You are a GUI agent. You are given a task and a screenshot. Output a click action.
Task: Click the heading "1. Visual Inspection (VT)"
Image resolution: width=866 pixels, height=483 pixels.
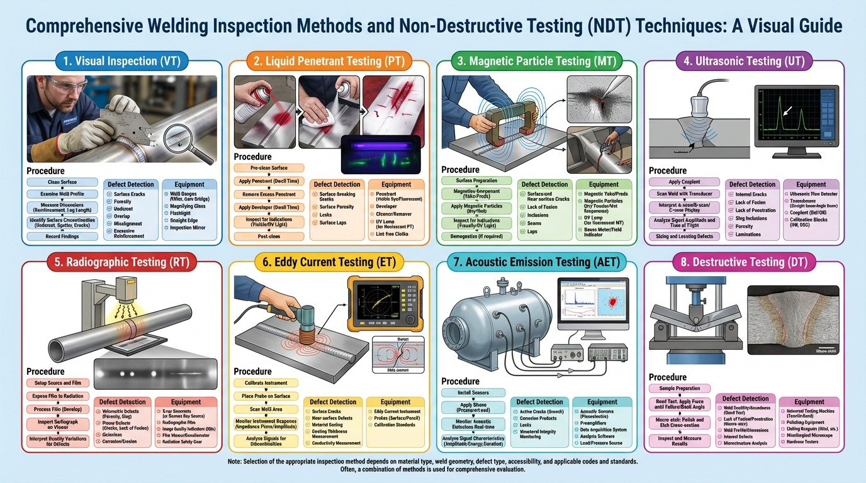click(x=121, y=61)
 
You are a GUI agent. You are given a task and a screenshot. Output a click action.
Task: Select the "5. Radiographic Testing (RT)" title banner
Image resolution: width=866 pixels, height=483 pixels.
click(x=121, y=261)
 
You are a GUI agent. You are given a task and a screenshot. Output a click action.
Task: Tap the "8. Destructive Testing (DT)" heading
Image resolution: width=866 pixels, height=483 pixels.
click(x=743, y=261)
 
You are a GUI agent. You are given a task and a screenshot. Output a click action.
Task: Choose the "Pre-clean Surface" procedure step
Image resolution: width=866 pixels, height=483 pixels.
click(x=268, y=168)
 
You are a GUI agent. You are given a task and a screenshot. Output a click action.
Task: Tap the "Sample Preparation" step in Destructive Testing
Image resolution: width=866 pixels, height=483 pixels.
click(x=679, y=389)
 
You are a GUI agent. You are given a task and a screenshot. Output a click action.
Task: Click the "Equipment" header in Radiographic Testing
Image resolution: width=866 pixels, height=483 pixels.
click(x=186, y=402)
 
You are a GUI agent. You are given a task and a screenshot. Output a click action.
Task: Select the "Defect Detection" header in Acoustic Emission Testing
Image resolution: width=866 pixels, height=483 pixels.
click(x=539, y=402)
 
